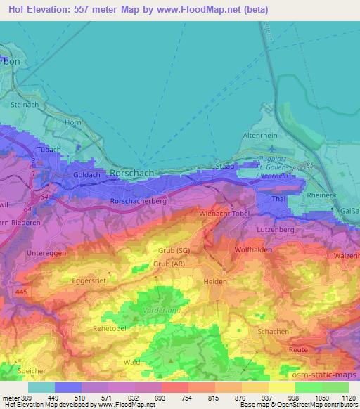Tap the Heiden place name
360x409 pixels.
click(215, 281)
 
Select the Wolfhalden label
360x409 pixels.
click(253, 249)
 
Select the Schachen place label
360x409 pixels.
click(273, 330)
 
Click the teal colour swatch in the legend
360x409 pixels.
click(41, 387)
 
